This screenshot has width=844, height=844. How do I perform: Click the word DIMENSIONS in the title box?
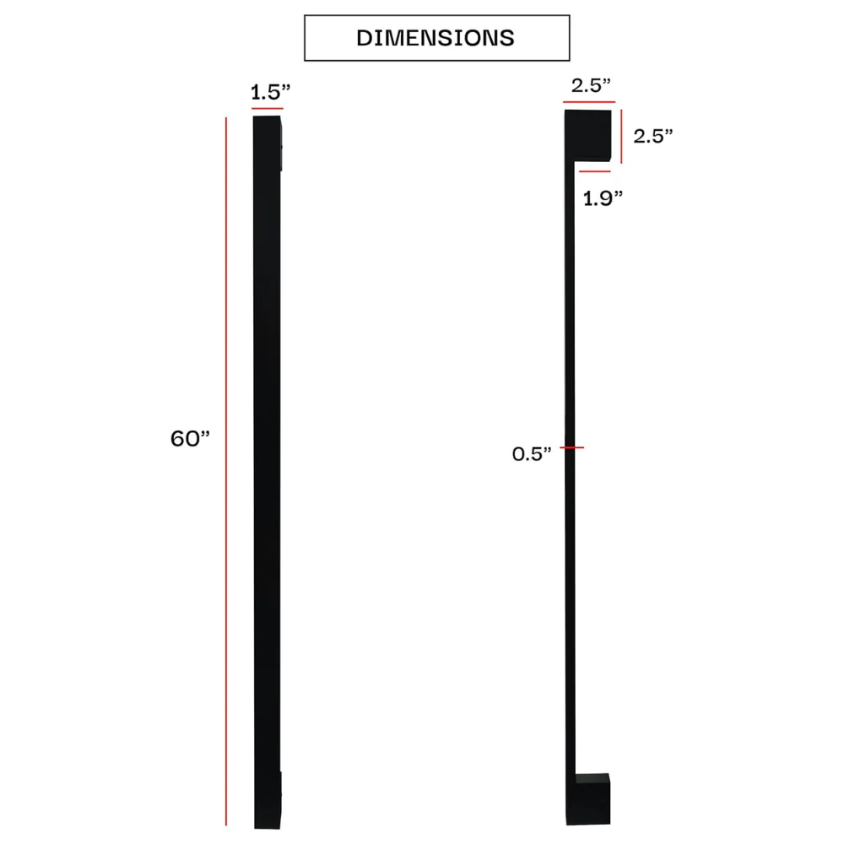point(436,38)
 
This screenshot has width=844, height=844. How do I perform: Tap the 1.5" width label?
point(271,92)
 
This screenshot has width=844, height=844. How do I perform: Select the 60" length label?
point(190,438)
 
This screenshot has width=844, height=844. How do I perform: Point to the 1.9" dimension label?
point(603,198)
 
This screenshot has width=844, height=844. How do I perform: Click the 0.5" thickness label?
point(532,454)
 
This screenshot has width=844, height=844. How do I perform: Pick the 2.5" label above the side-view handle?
point(591,85)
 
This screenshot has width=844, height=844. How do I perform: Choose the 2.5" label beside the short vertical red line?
point(653,136)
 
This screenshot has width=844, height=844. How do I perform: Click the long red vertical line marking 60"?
point(226,471)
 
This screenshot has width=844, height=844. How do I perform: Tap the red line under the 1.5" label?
point(267,108)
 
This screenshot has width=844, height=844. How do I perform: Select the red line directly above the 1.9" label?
point(595,171)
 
